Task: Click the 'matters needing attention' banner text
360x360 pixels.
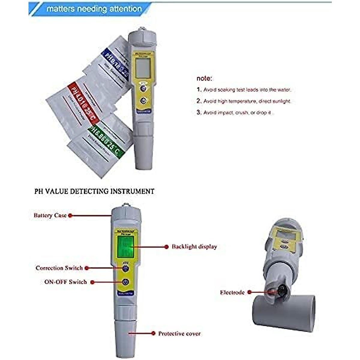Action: point(94,9)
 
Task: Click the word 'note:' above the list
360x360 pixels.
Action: point(204,79)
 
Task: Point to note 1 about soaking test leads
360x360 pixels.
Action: point(244,90)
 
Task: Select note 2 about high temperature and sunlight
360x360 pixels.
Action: point(244,101)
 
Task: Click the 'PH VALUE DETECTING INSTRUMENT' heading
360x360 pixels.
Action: point(94,191)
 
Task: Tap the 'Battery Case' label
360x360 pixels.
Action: point(50,215)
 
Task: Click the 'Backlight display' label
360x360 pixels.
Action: point(194,247)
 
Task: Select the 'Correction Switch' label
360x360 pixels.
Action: point(59,268)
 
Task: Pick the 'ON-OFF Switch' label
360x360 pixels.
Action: point(65,282)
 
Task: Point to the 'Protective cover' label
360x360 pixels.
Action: point(179,333)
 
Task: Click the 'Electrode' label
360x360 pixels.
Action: point(232,292)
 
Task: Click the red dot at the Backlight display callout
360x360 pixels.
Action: point(166,247)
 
